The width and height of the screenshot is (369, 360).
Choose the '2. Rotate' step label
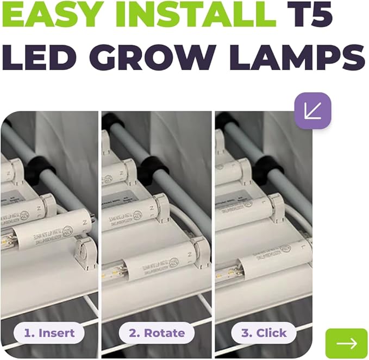[x=157, y=332]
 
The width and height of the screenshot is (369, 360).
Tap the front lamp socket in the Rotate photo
[x=202, y=253]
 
